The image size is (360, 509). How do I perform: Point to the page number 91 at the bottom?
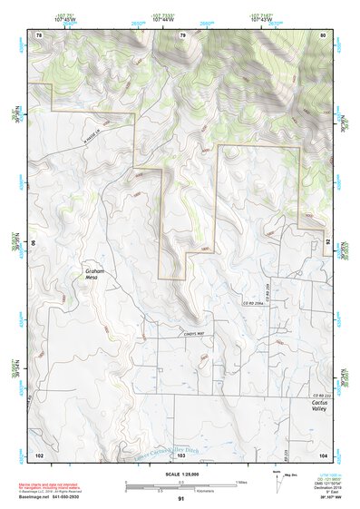click(x=180, y=499)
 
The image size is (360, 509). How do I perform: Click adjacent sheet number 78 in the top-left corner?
click(x=38, y=34)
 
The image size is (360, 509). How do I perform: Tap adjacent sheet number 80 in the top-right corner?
click(x=323, y=34)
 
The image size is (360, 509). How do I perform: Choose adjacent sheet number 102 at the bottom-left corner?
click(x=39, y=453)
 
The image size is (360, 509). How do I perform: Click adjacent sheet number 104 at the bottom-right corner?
click(x=323, y=453)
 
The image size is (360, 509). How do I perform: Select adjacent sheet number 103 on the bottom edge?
click(x=180, y=453)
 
